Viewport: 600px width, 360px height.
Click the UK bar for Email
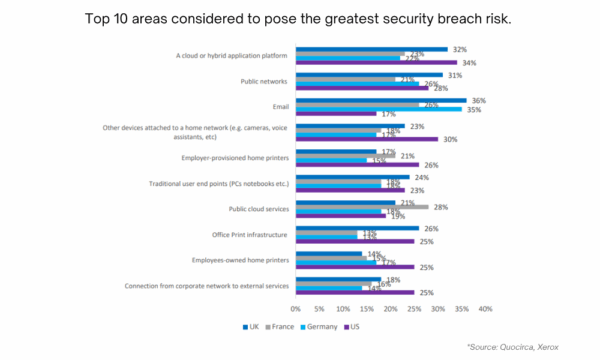(381, 99)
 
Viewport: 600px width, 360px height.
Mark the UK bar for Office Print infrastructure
(357, 228)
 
